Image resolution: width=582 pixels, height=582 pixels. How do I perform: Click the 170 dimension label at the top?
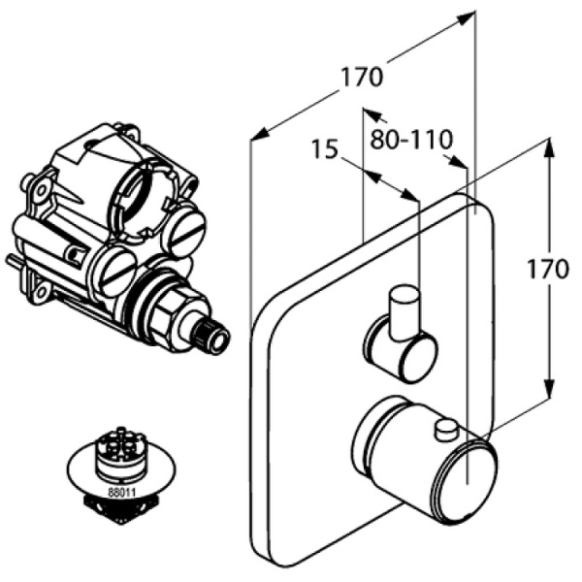[362, 77]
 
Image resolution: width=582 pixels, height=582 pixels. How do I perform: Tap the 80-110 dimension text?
[411, 140]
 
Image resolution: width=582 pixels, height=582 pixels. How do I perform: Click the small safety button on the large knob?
[447, 428]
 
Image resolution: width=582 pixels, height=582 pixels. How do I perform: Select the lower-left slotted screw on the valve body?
[115, 272]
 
